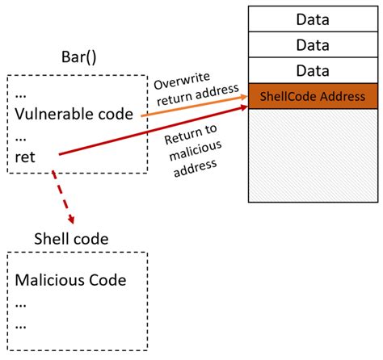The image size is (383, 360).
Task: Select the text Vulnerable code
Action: click(74, 114)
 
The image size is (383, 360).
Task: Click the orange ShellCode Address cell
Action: click(312, 97)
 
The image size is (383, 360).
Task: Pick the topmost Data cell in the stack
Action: click(312, 18)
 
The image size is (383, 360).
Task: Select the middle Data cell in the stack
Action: click(312, 44)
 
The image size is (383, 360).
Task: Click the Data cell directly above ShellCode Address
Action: click(312, 70)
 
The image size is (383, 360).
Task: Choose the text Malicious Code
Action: click(71, 281)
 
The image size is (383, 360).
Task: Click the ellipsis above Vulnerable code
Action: click(22, 94)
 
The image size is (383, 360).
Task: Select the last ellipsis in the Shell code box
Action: click(22, 326)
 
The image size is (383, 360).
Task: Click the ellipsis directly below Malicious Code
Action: click(22, 304)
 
